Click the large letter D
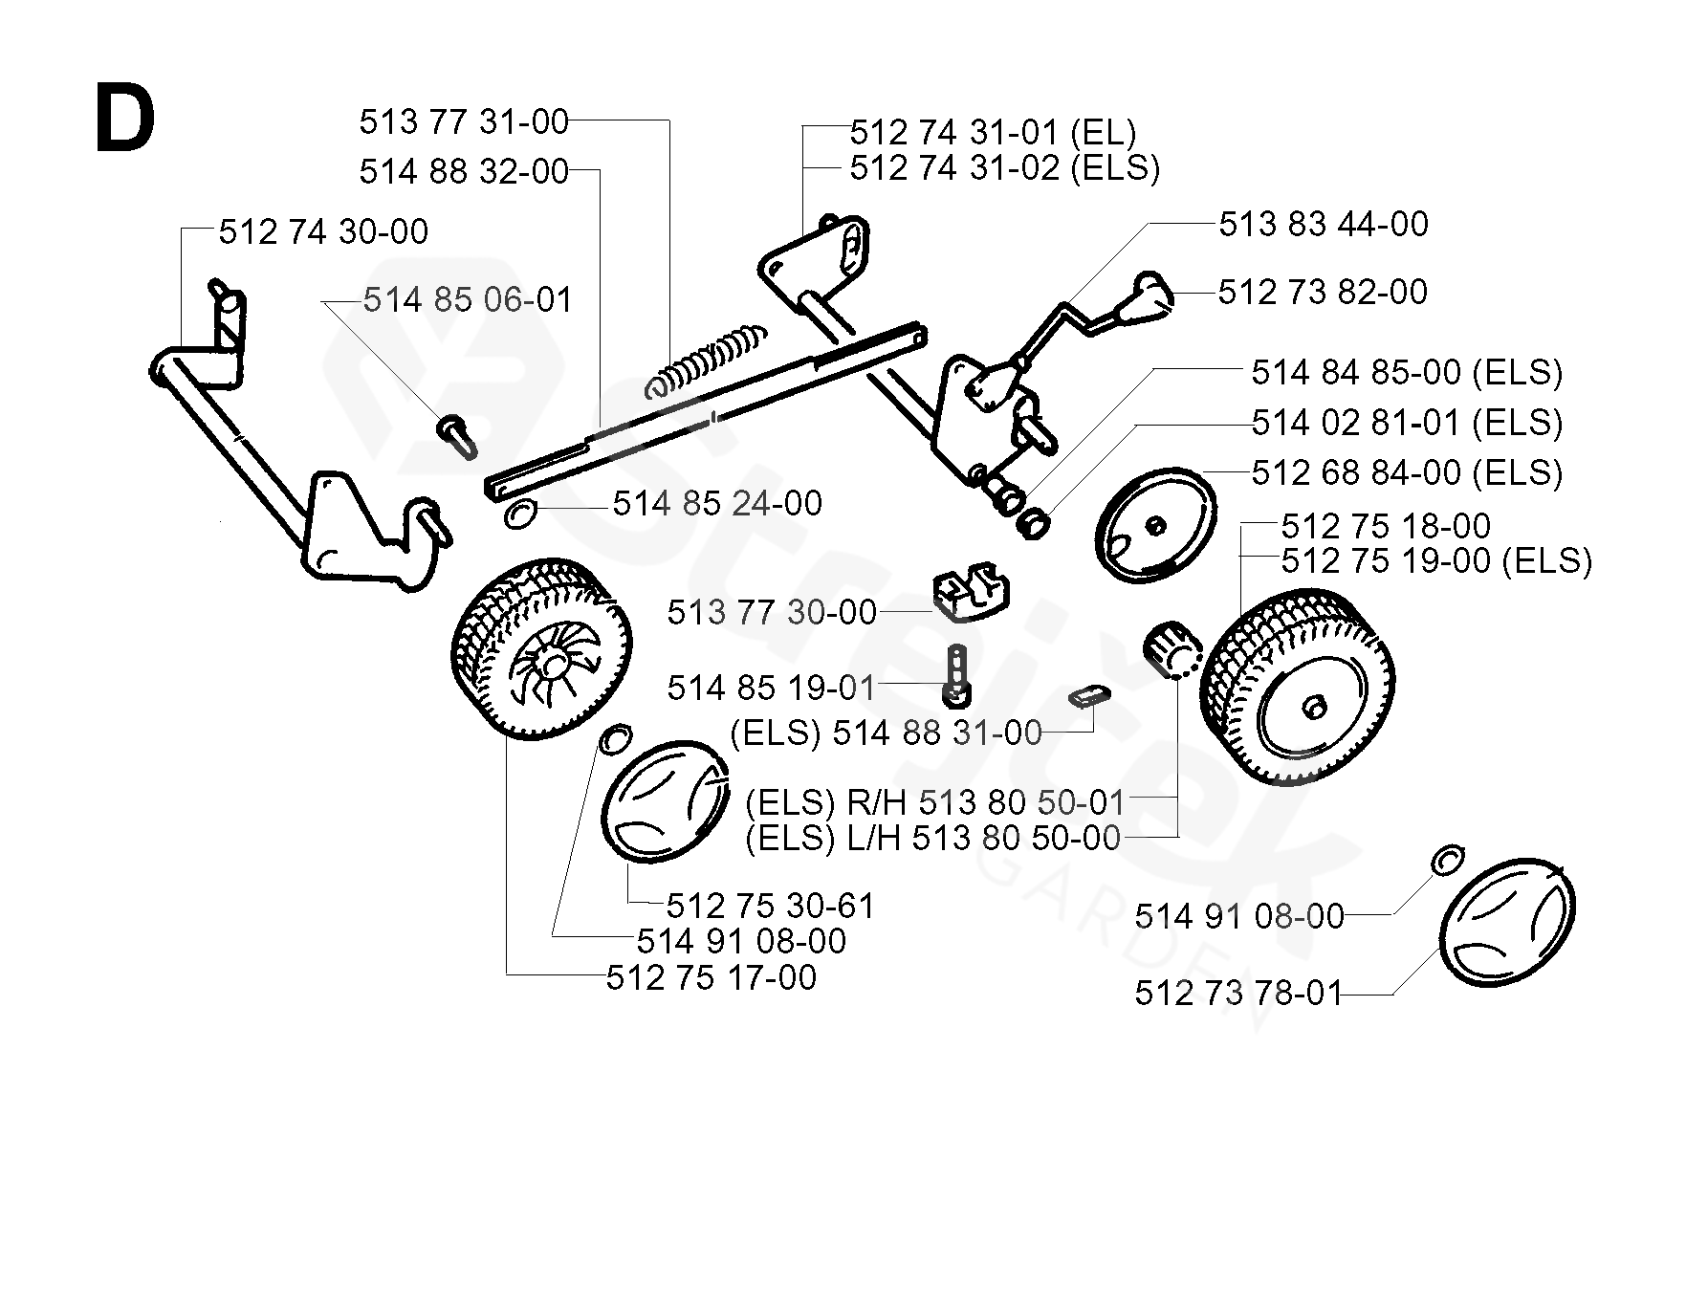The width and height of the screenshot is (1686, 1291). pyautogui.click(x=124, y=118)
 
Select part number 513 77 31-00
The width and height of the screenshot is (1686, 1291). pyautogui.click(x=464, y=121)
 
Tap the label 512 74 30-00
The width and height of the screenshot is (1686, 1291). pyautogui.click(x=323, y=231)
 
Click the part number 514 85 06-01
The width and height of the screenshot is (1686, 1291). pyautogui.click(x=468, y=300)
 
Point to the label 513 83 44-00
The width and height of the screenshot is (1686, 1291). pyautogui.click(x=1324, y=224)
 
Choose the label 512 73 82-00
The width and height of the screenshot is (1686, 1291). pyautogui.click(x=1323, y=292)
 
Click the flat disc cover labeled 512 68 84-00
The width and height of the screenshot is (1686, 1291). pyautogui.click(x=1156, y=525)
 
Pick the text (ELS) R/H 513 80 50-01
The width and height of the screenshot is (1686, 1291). pyautogui.click(x=936, y=801)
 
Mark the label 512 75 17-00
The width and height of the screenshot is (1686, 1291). pyautogui.click(x=712, y=978)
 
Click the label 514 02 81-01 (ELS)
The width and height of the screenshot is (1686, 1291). pyautogui.click(x=1407, y=422)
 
